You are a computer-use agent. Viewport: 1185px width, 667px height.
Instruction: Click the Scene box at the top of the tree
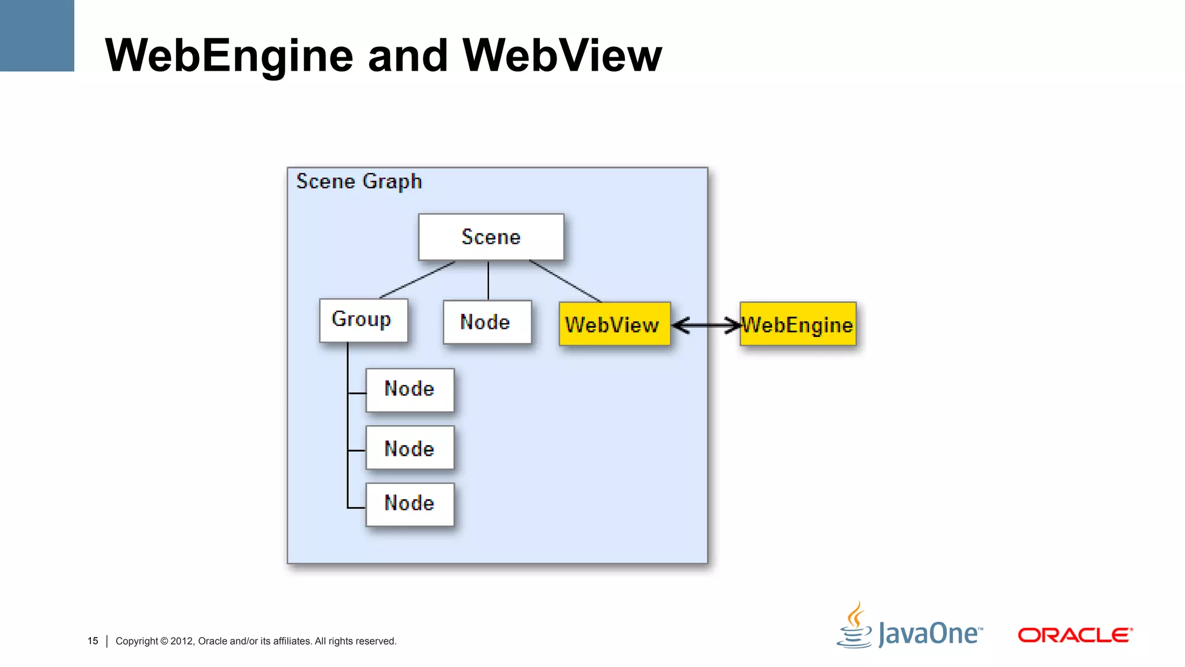coord(491,237)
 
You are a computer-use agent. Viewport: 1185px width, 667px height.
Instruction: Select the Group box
coord(363,320)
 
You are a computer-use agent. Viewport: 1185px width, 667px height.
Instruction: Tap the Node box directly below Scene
coord(487,322)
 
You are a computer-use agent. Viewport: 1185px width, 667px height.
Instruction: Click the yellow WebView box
coord(614,324)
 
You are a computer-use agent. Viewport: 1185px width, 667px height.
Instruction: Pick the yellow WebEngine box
coord(798,324)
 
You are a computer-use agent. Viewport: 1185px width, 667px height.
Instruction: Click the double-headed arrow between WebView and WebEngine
coord(706,325)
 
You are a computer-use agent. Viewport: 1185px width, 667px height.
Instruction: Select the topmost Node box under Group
coord(410,389)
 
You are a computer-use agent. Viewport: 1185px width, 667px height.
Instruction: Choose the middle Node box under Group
coord(410,448)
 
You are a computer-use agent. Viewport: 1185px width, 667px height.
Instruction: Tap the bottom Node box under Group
coord(410,504)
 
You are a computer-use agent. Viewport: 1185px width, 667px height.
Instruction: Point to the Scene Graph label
coord(359,182)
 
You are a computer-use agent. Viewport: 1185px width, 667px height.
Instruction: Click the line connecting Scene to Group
coord(417,280)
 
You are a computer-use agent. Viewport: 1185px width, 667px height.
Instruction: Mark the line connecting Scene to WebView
coord(565,281)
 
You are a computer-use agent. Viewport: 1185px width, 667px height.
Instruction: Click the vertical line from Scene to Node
coord(488,280)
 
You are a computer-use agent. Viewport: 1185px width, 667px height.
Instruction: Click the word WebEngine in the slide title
coord(229,56)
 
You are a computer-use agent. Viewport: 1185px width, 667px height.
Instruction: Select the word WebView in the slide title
coord(562,56)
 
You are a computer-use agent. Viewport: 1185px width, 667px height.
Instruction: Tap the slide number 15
coord(93,641)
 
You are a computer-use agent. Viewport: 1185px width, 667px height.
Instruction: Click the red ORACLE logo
coord(1074,635)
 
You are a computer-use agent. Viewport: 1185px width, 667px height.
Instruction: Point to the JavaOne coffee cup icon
coord(855,626)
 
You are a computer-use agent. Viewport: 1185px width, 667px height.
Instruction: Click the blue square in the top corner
coord(36,35)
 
